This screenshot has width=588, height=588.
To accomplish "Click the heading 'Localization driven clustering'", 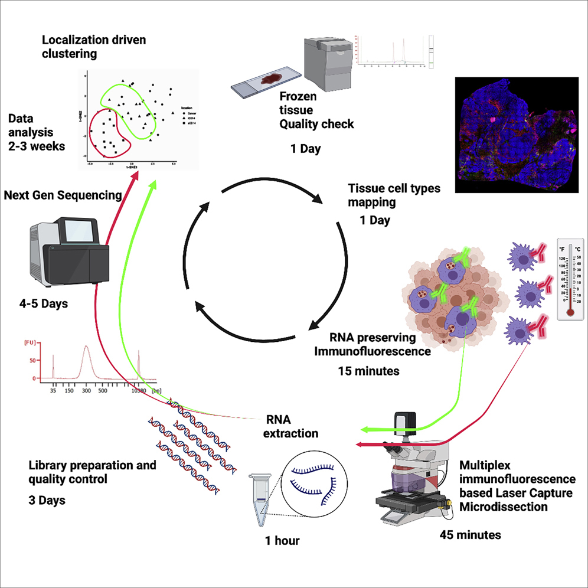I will point(93,47).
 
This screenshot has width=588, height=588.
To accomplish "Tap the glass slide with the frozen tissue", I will point(263,84).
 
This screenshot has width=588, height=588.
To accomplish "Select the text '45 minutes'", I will point(470,535).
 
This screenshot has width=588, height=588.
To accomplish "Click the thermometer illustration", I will point(574,278).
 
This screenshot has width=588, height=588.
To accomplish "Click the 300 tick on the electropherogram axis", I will point(86,391).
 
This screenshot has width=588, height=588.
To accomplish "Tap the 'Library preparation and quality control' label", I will point(92,472).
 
